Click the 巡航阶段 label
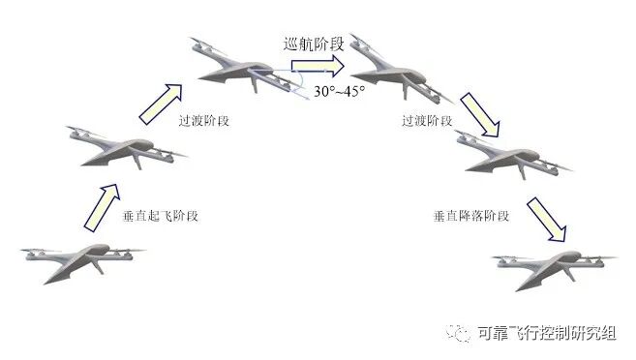tap(310, 44)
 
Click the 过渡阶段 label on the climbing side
tap(205, 123)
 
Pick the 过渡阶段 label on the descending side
tap(427, 123)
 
